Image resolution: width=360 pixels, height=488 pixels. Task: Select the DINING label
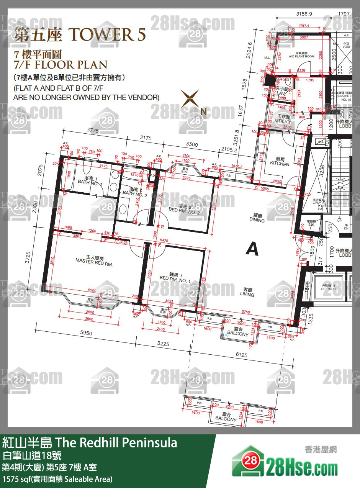pyautogui.click(x=257, y=218)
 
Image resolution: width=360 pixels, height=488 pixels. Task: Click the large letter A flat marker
pyautogui.click(x=252, y=249)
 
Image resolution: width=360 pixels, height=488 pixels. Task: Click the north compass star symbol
pyautogui.click(x=191, y=99)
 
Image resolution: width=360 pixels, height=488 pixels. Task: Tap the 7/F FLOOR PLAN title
pyautogui.click(x=60, y=64)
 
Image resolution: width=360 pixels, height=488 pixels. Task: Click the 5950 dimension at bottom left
pyautogui.click(x=86, y=333)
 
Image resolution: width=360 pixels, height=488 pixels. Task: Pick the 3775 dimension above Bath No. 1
pyautogui.click(x=93, y=130)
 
